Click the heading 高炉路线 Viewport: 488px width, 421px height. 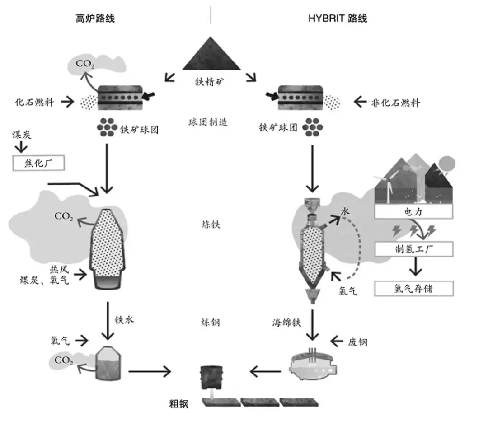tap(95, 19)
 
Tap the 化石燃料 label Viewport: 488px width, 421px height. tap(34, 103)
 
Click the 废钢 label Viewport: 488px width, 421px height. tap(358, 342)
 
